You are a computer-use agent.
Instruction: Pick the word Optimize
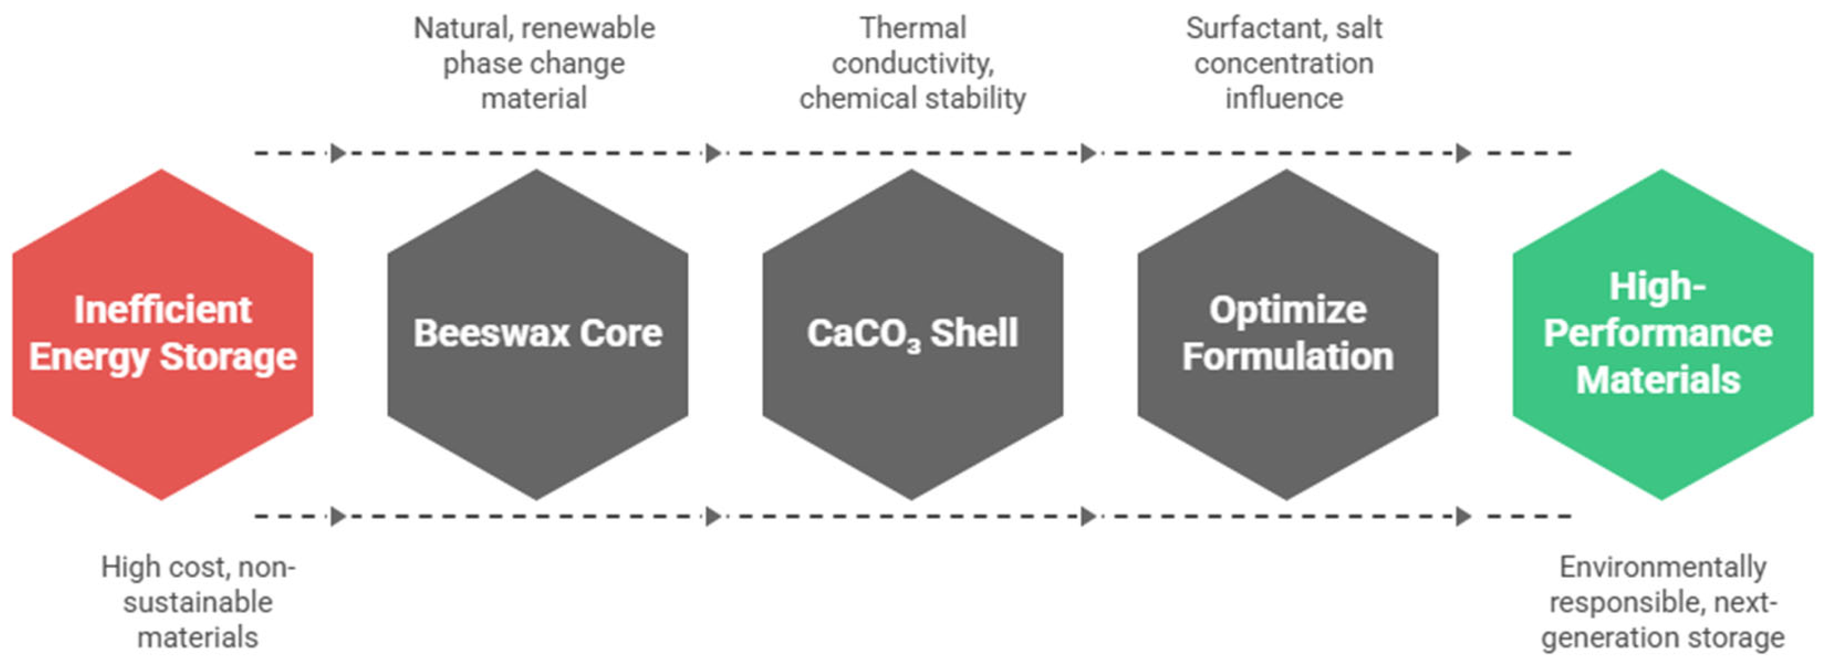(x=1287, y=310)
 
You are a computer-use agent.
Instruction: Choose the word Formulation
(x=1287, y=356)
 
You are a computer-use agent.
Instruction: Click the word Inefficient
(x=162, y=310)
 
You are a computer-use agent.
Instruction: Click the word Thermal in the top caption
(x=913, y=28)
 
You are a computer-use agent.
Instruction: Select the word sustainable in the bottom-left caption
(x=197, y=602)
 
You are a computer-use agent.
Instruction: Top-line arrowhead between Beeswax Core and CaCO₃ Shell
(x=713, y=153)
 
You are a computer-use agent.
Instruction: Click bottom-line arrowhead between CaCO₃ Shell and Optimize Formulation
(x=1088, y=516)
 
